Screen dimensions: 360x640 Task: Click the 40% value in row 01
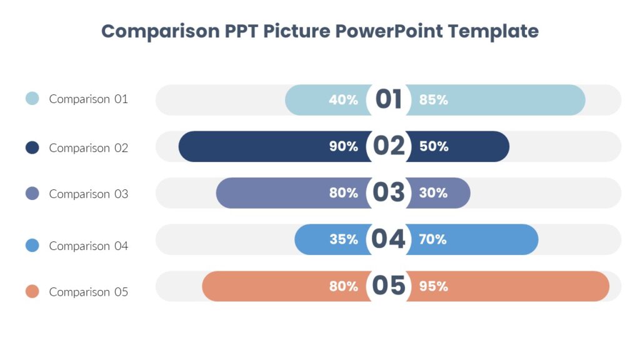pyautogui.click(x=343, y=100)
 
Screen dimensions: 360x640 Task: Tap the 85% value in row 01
pyautogui.click(x=434, y=100)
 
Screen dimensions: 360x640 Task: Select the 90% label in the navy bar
pyautogui.click(x=343, y=147)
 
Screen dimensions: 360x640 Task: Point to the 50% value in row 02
pyautogui.click(x=434, y=147)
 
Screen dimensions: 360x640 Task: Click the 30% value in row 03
pyautogui.click(x=433, y=193)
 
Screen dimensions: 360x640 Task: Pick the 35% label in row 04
pyautogui.click(x=343, y=239)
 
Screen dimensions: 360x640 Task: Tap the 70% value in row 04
pyautogui.click(x=433, y=239)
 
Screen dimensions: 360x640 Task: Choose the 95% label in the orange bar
pyautogui.click(x=434, y=286)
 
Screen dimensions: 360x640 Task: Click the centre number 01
pyautogui.click(x=388, y=99)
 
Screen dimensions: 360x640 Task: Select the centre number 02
pyautogui.click(x=389, y=146)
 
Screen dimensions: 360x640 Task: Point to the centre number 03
pyautogui.click(x=389, y=192)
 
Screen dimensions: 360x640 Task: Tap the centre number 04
pyautogui.click(x=389, y=239)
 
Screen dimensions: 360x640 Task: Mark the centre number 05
pyautogui.click(x=389, y=286)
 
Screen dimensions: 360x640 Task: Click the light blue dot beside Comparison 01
pyautogui.click(x=32, y=98)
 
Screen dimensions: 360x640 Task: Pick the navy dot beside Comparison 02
pyautogui.click(x=32, y=147)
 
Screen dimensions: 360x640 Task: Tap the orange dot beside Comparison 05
pyautogui.click(x=32, y=291)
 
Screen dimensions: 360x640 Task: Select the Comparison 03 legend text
pyautogui.click(x=88, y=194)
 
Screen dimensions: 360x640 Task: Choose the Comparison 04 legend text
pyautogui.click(x=88, y=246)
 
